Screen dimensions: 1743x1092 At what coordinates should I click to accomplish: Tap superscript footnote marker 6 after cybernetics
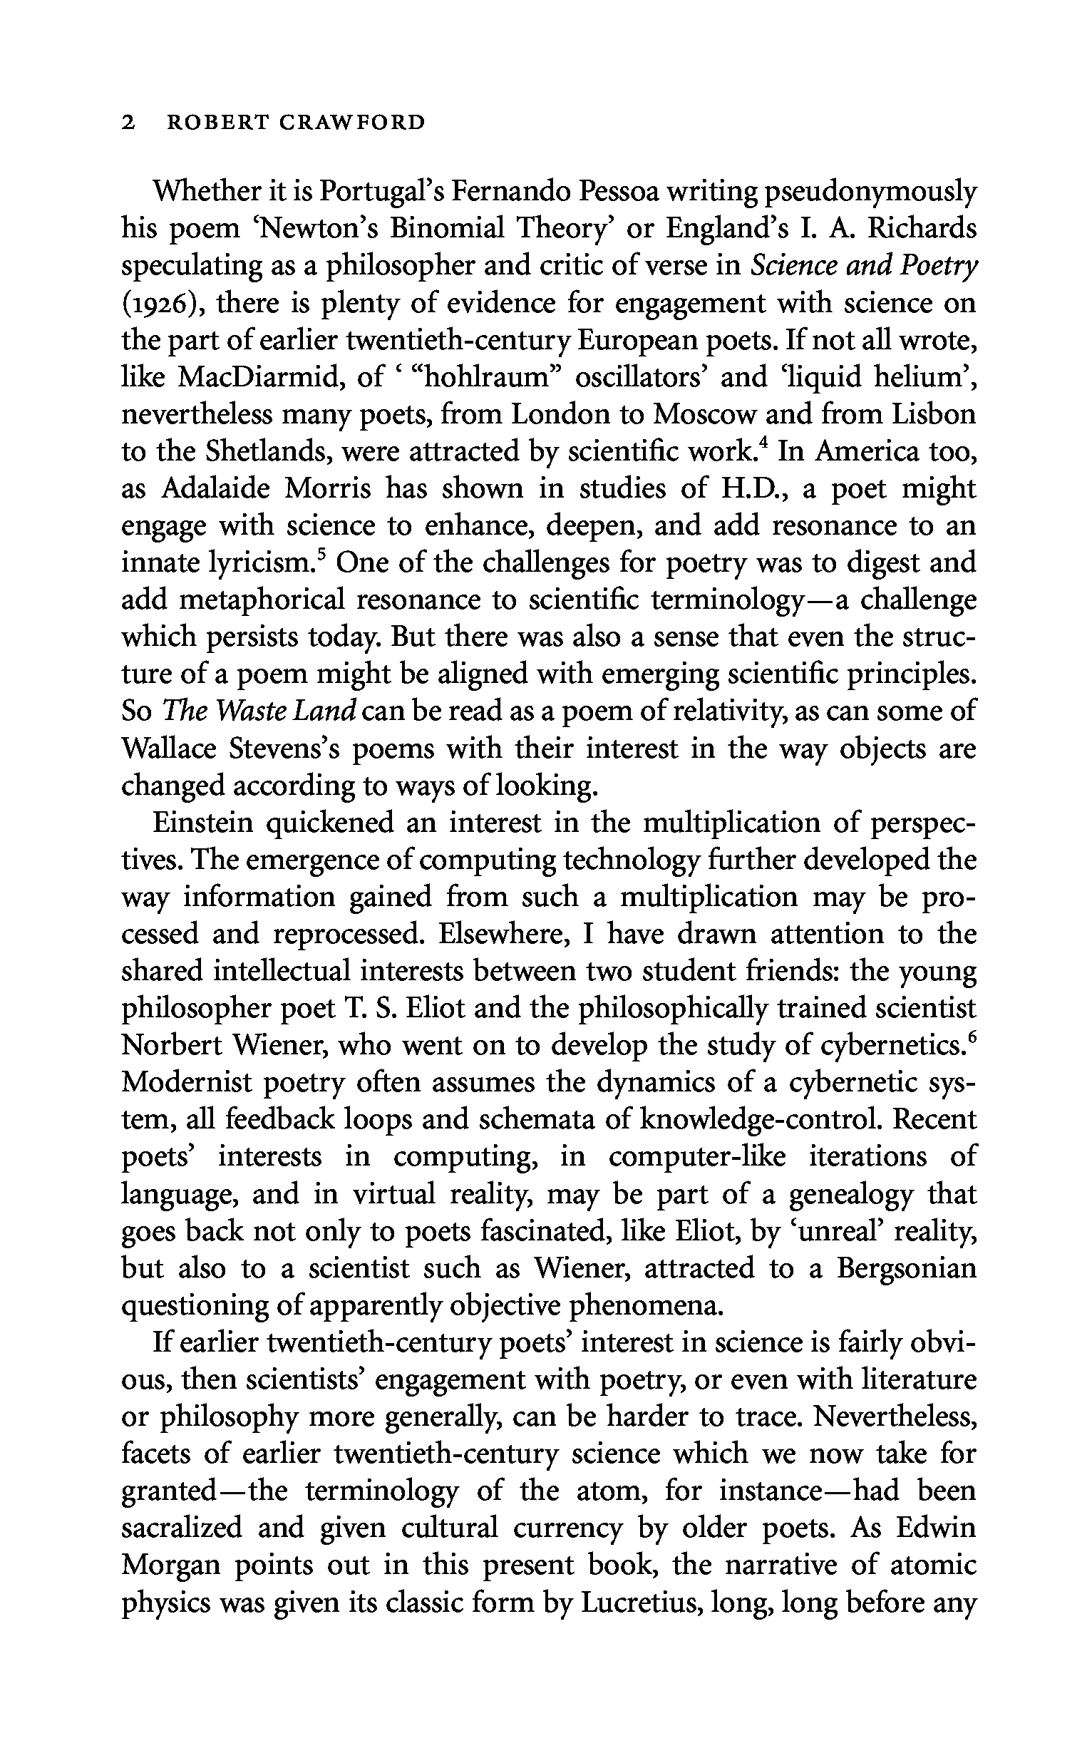pos(972,1036)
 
